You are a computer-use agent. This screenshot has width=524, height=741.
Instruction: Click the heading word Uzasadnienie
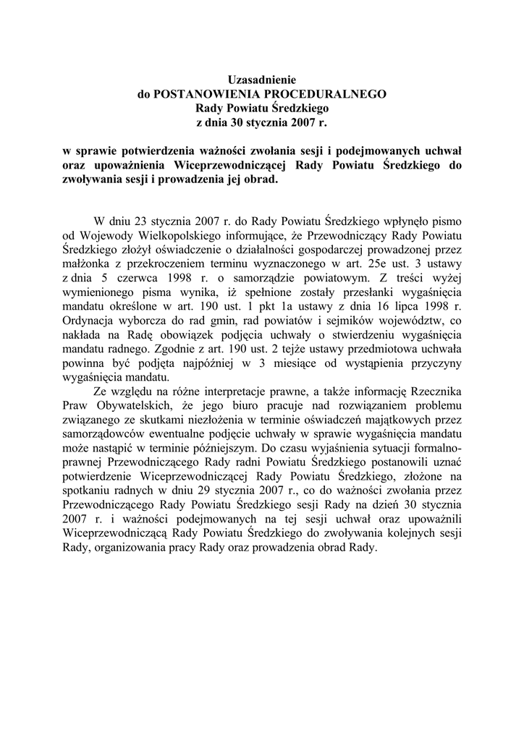pos(262,80)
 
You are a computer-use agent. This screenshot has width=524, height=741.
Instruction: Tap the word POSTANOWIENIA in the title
pos(210,94)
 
